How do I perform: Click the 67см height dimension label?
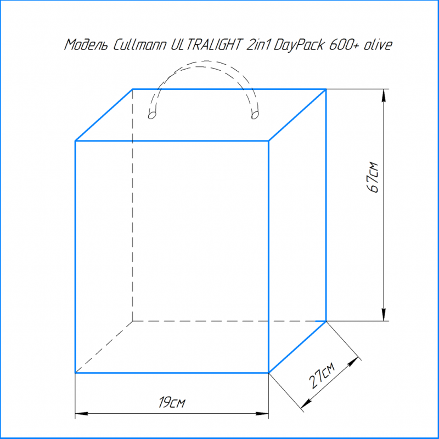pos(373,177)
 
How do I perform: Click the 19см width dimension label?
pos(172,402)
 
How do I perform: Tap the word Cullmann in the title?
pos(139,45)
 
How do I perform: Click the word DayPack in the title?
pos(299,46)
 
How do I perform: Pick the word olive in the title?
pos(378,45)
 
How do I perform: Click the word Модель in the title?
pos(87,46)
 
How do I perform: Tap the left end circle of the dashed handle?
pos(152,115)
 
